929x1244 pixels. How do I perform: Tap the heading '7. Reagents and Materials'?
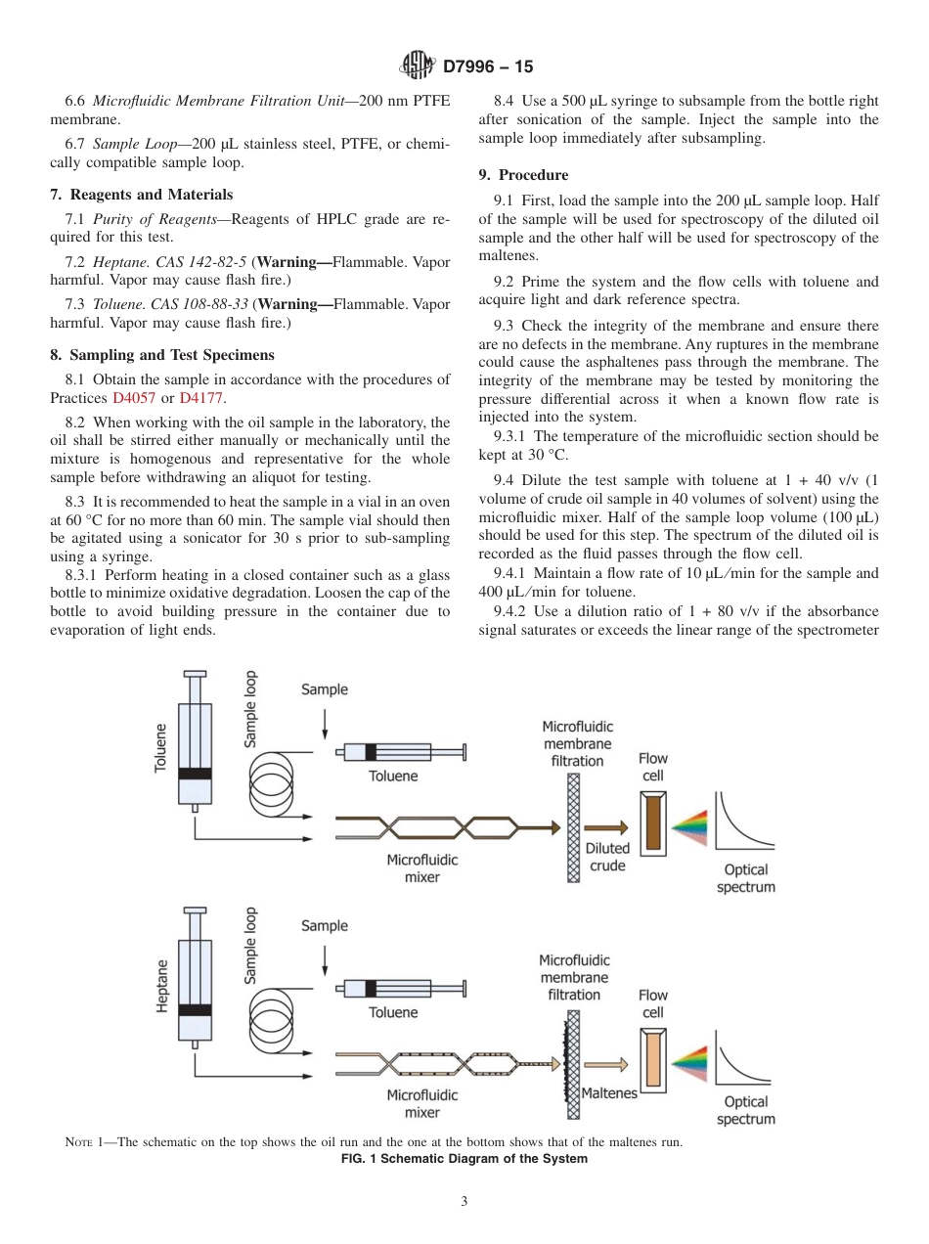tap(142, 195)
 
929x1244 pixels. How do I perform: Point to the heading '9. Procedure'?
tap(523, 175)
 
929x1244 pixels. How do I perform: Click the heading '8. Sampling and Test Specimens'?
tap(162, 355)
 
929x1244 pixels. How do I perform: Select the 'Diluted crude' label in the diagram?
tap(607, 857)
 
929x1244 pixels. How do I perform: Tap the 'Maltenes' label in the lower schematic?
tap(609, 1092)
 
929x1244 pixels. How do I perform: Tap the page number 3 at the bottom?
tap(464, 1202)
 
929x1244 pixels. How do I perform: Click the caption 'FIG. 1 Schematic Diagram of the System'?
tap(464, 1159)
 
